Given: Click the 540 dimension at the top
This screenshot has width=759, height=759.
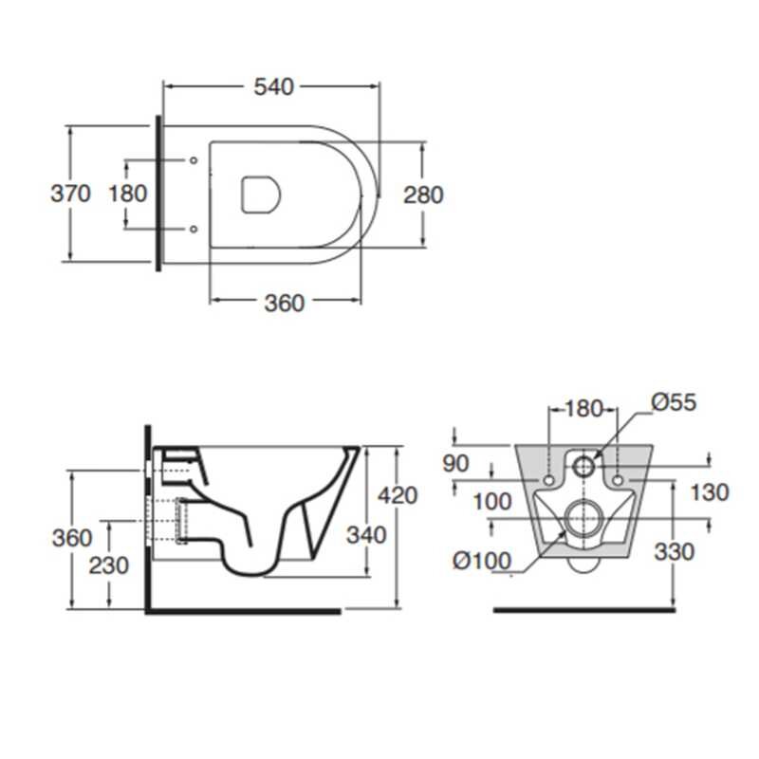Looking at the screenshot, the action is [273, 87].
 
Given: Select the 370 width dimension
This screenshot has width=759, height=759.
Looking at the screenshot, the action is [70, 194].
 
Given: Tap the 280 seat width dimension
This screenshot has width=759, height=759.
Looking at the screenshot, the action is [423, 195].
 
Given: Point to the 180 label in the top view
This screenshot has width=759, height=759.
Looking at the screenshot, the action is [128, 194].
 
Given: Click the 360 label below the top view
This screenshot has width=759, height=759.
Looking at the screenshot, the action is [284, 304].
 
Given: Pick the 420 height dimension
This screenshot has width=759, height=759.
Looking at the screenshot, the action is [398, 495].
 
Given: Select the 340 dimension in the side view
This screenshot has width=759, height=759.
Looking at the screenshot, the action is [366, 535].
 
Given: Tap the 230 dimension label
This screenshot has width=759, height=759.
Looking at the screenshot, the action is [108, 565].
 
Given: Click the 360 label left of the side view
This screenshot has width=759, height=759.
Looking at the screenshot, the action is [72, 538].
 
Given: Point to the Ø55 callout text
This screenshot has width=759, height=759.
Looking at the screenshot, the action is [674, 402].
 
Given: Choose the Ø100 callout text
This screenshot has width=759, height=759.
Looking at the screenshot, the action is [482, 561].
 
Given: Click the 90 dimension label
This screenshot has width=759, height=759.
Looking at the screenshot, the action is [455, 464].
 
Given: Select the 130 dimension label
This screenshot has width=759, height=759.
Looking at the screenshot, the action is [709, 492].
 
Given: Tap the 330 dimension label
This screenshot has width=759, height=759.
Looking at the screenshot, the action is [675, 552].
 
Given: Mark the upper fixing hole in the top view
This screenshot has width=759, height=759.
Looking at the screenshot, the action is [194, 160].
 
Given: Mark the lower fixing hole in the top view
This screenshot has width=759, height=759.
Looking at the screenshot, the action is [194, 229].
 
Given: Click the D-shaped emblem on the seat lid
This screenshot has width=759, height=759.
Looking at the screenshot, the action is [261, 194].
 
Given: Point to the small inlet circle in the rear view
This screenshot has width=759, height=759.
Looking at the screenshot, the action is [583, 466].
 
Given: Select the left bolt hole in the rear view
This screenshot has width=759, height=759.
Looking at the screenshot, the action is [549, 481].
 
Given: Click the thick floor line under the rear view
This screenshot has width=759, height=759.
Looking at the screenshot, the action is [584, 610].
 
